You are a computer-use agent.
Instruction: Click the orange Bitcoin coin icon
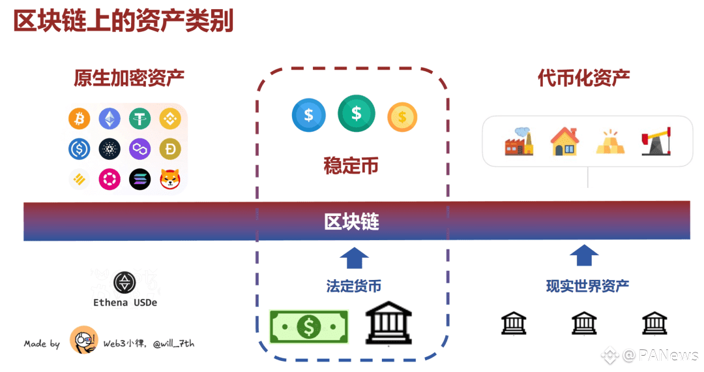coord(79,119)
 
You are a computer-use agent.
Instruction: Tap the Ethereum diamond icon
coord(110,119)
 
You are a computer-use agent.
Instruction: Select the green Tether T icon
coord(139,119)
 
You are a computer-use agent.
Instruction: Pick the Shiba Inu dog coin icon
coord(170,179)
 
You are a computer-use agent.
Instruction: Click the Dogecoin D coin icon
coord(170,149)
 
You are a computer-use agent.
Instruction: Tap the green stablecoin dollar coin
coord(356,114)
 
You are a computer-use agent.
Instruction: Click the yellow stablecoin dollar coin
coord(402,117)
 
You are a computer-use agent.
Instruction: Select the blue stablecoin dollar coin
coord(309,116)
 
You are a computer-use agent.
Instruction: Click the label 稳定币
coord(351,165)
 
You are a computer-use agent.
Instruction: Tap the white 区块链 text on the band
coord(351,222)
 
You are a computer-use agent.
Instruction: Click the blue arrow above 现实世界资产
coord(584,255)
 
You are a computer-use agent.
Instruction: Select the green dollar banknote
coord(309,326)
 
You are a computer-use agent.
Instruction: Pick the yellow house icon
coord(564,141)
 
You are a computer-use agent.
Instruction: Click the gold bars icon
coord(610,142)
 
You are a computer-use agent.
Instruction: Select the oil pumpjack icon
coord(656,141)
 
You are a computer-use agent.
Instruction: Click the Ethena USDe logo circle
coord(124,282)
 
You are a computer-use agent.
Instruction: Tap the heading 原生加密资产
coord(128,79)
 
